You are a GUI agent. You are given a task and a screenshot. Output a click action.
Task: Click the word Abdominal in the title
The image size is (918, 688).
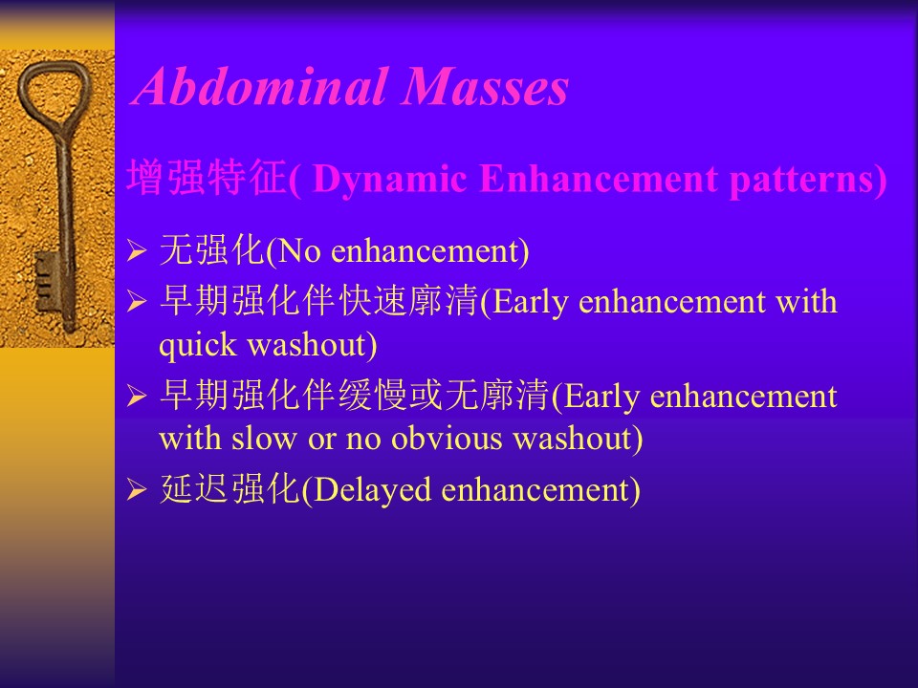coord(262,87)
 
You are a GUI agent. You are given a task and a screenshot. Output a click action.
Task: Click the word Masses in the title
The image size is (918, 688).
coord(486,87)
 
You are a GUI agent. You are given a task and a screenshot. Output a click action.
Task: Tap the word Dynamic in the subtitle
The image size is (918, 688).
coord(390,179)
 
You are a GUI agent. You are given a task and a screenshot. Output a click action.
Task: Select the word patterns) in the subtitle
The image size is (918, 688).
coord(809,179)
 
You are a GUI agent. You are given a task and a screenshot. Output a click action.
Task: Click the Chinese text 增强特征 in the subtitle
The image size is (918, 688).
coord(208,178)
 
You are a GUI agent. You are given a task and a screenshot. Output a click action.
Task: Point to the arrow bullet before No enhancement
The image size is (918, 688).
coord(137,251)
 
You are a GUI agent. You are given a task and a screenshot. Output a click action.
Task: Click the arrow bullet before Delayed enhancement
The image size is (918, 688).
coord(137,489)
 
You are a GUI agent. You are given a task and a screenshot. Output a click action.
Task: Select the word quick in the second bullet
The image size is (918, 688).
coord(198,346)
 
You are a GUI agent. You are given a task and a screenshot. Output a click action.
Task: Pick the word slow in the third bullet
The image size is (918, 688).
coord(264,439)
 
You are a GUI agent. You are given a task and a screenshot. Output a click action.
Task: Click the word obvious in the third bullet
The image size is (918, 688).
coord(447,439)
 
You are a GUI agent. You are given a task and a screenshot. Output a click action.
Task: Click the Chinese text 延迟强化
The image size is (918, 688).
coord(229,488)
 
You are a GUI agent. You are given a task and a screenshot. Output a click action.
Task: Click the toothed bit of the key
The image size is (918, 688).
coord(46,281)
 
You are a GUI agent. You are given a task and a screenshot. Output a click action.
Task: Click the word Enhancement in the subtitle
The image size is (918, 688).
coord(599,178)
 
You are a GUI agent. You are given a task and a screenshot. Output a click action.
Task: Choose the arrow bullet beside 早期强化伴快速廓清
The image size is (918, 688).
coord(137,302)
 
